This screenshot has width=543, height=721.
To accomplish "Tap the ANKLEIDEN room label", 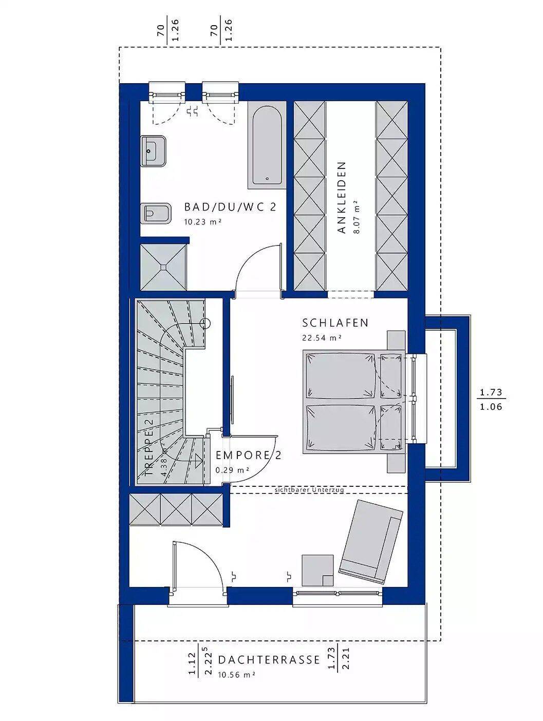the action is (342, 197).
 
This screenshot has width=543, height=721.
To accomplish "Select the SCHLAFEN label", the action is (335, 322).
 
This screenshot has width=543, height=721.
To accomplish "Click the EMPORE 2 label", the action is (248, 456).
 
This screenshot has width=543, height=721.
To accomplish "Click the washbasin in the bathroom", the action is (154, 151).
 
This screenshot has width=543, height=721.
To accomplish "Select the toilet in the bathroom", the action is (156, 214).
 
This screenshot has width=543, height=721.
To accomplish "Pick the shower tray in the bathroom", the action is (163, 267).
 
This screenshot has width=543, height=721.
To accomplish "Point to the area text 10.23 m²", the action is (203, 222).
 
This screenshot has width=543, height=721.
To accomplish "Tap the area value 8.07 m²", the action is (356, 217).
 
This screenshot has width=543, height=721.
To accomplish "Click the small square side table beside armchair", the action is (317, 570).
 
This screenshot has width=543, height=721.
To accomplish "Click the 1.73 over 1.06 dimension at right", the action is (491, 400).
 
